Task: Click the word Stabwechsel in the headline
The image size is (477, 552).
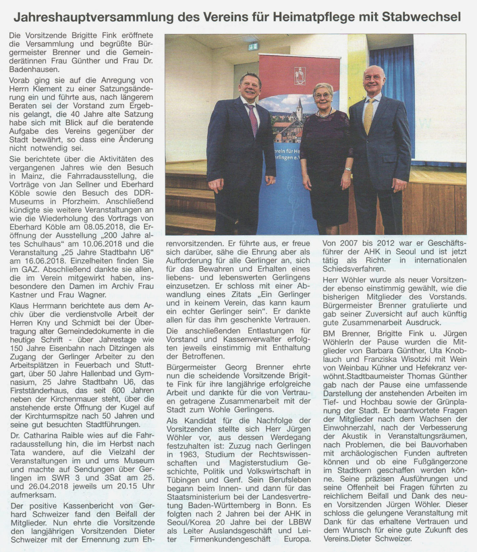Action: pyautogui.click(x=421, y=17)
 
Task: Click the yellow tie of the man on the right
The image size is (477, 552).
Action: pyautogui.click(x=369, y=117)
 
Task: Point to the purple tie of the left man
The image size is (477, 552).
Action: pyautogui.click(x=252, y=120)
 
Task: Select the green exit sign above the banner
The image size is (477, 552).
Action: pyautogui.click(x=253, y=46)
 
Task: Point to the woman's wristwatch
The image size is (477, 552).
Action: pyautogui.click(x=347, y=169)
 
